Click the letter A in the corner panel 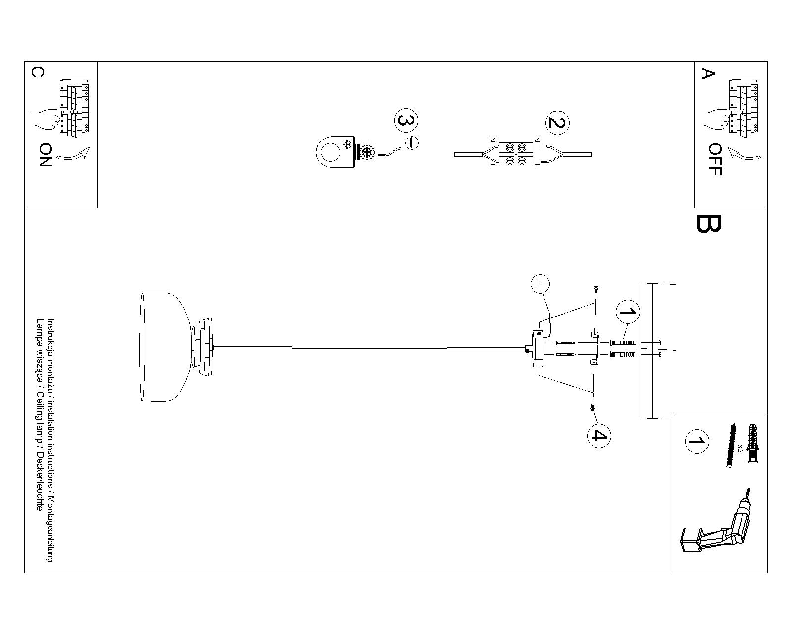coord(708,74)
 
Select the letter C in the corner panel coord(38,72)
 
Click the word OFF coord(715,159)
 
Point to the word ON coord(45,155)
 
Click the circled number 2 coord(557,123)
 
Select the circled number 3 coord(406,120)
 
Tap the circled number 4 coord(599,436)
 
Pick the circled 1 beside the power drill coord(696,441)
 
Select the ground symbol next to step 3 coord(412,143)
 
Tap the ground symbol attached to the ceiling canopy coord(540,284)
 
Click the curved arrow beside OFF coord(744,154)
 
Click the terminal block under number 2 coord(516,155)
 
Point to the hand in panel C coord(47,120)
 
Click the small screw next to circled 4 coord(593,407)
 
